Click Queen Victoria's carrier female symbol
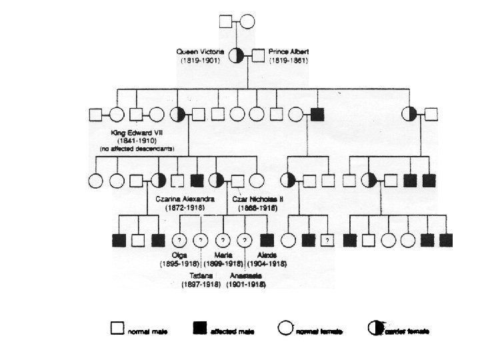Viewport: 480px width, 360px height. point(237,56)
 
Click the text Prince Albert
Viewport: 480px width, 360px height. point(288,51)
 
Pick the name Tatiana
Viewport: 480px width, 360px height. point(201,275)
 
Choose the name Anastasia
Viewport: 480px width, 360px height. point(246,275)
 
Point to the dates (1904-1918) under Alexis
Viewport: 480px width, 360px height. point(269,265)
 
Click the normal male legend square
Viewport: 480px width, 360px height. point(117,327)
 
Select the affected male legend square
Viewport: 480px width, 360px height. point(199,327)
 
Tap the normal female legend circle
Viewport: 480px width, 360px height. point(285,327)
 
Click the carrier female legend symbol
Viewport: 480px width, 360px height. point(376,327)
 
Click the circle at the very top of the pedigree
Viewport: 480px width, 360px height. point(247,21)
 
